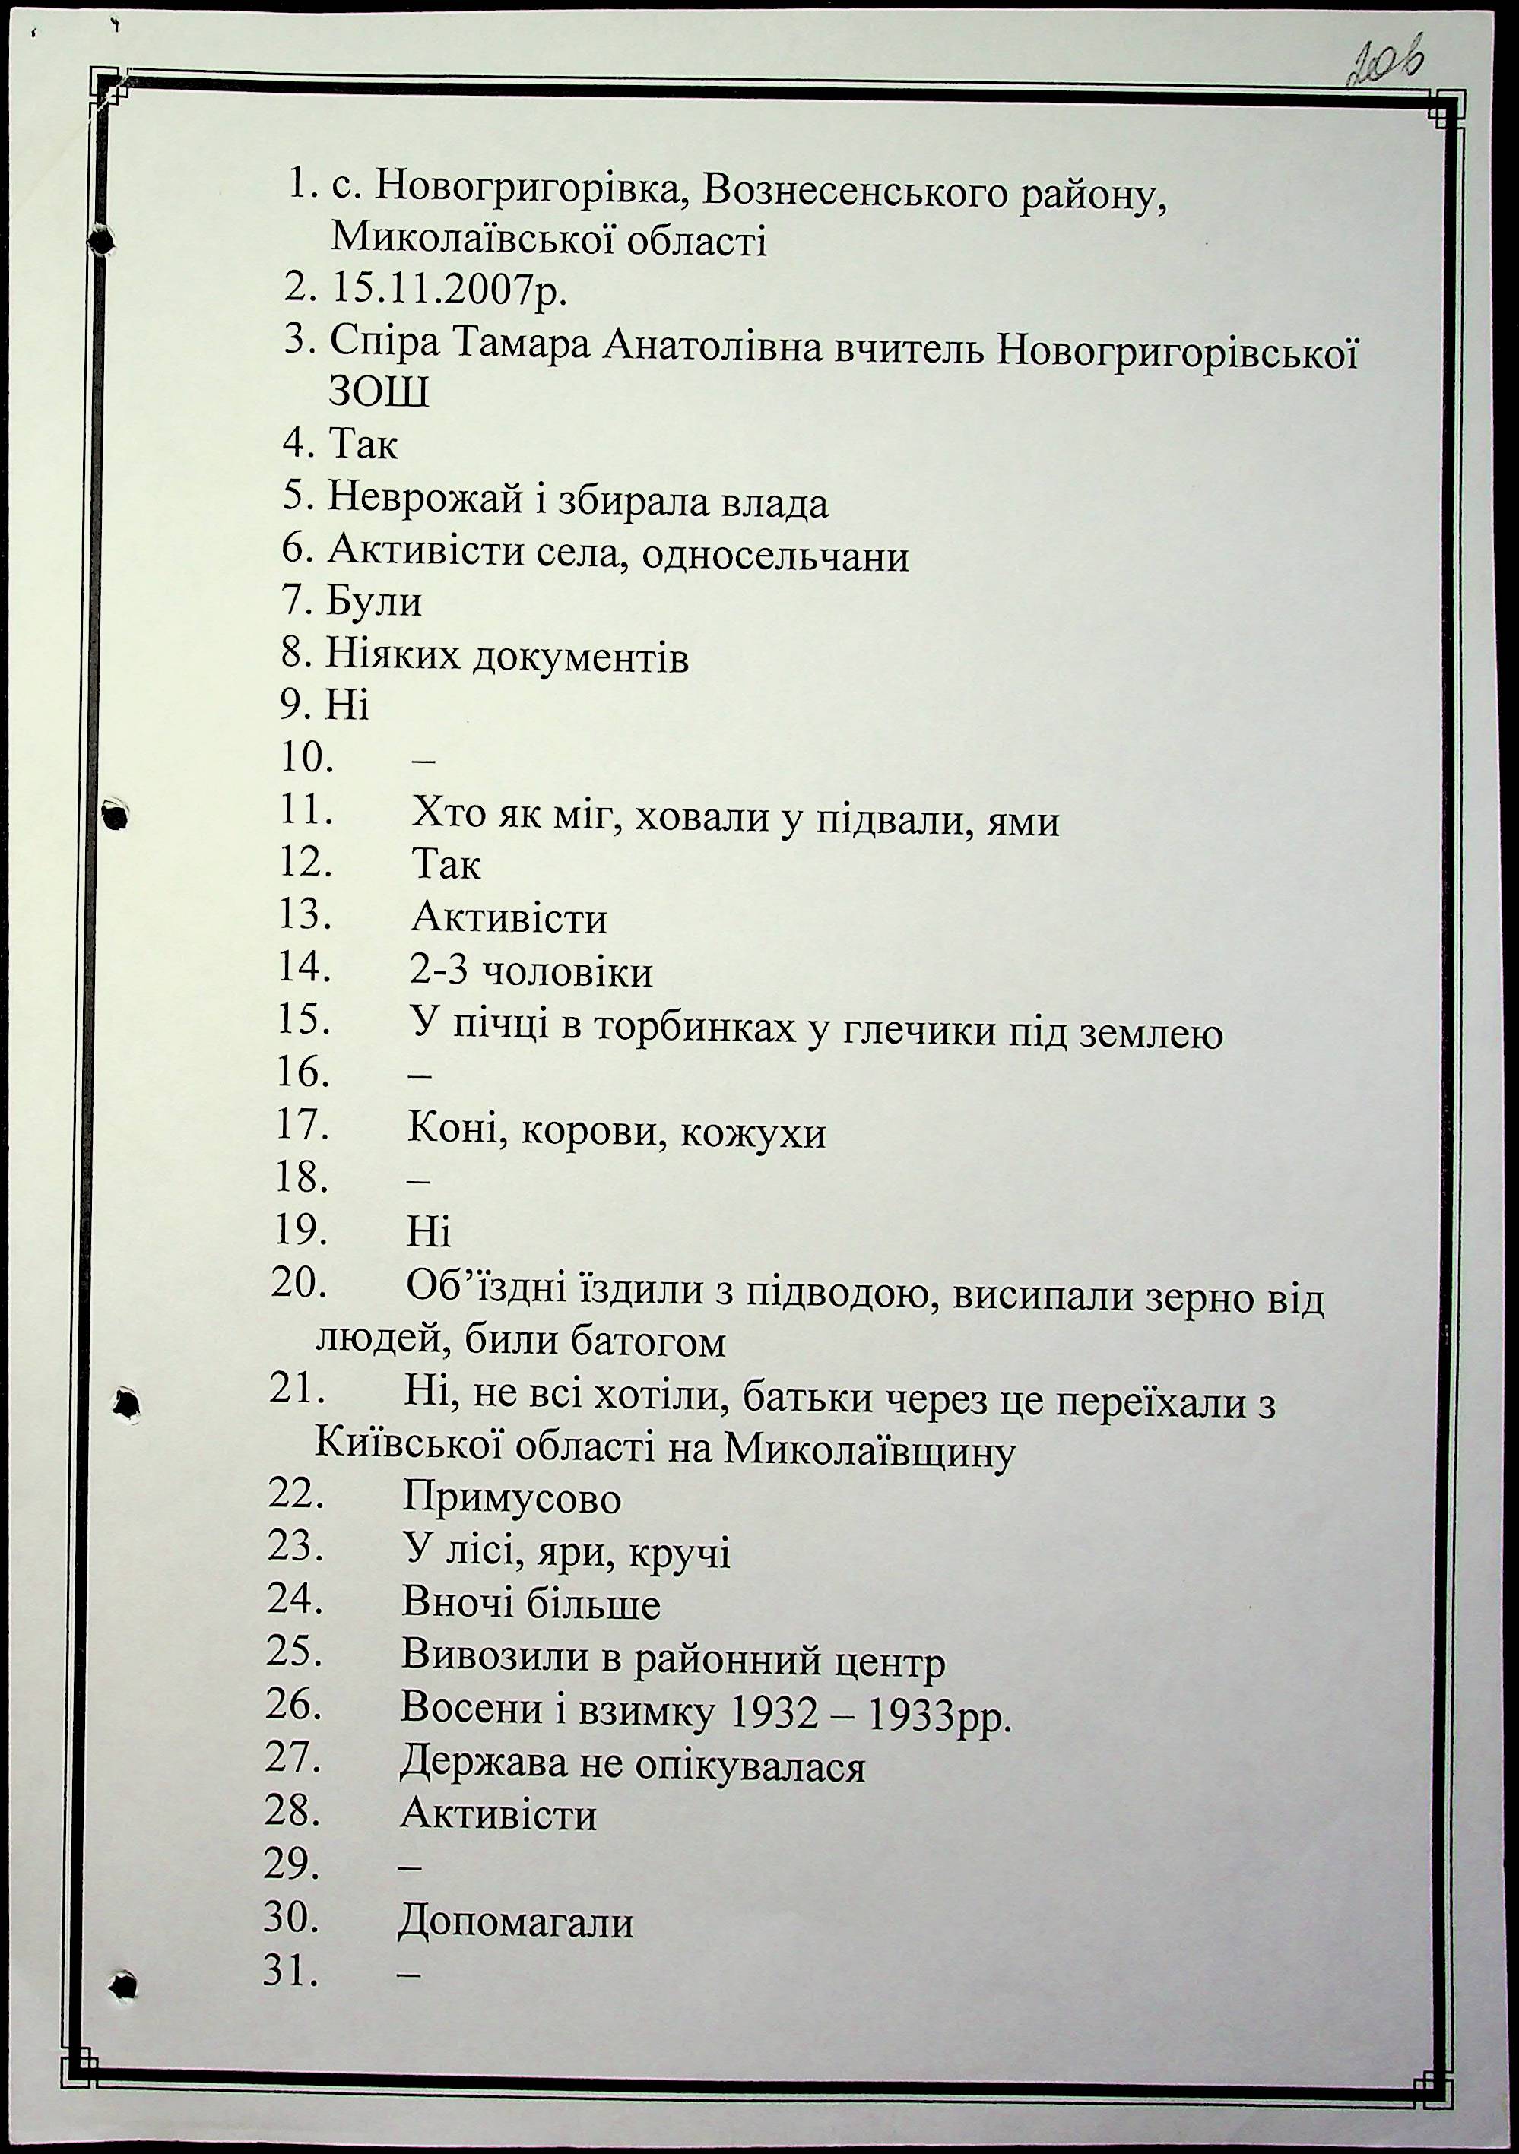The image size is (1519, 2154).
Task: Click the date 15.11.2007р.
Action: [x=449, y=292]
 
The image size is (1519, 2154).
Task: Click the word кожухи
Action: [x=753, y=1133]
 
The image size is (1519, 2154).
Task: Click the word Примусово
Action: [x=512, y=1498]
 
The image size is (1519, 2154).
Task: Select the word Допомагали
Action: [x=516, y=1921]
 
